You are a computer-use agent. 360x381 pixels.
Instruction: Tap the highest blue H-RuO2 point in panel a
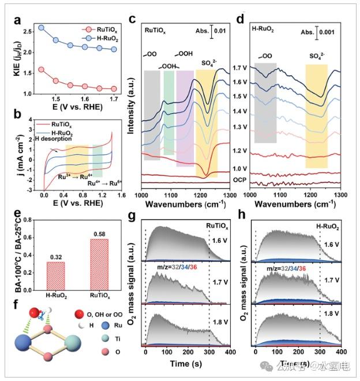click(41, 27)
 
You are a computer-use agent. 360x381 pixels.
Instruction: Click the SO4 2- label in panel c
click(209, 62)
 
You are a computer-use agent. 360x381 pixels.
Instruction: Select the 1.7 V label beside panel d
click(240, 68)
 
